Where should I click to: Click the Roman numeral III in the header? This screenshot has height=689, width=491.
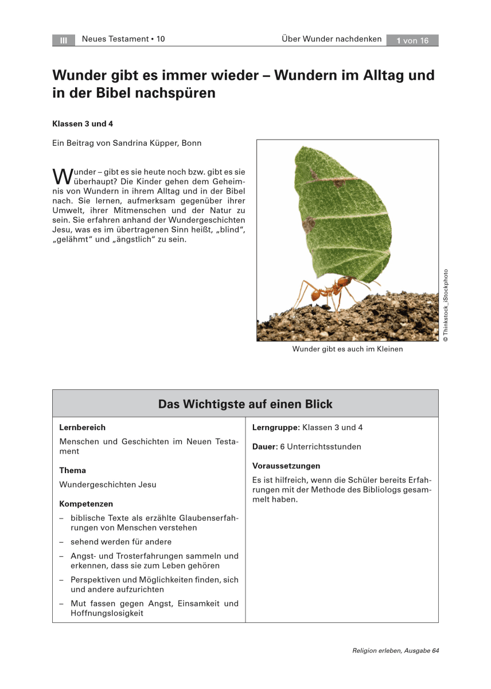click(x=64, y=40)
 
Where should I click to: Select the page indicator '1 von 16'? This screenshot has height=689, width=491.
click(x=412, y=40)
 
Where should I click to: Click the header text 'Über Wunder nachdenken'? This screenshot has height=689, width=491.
click(x=332, y=39)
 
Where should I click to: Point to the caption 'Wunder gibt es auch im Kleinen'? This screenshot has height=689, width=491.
click(x=348, y=349)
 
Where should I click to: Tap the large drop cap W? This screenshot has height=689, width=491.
click(x=60, y=176)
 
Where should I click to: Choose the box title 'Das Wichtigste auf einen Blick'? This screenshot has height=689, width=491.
click(x=246, y=404)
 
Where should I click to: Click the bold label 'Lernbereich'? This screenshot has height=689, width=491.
click(x=83, y=427)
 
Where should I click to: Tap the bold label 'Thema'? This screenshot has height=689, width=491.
click(x=73, y=470)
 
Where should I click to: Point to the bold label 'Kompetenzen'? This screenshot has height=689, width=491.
click(x=86, y=504)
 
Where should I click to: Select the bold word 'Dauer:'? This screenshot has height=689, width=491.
click(x=264, y=446)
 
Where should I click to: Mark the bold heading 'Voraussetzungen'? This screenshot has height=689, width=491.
click(x=286, y=466)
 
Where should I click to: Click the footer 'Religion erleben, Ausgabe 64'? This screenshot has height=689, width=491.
click(x=396, y=651)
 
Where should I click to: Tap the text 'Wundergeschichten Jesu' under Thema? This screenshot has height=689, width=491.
click(x=108, y=485)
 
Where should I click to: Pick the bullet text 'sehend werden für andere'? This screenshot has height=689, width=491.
click(x=121, y=541)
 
